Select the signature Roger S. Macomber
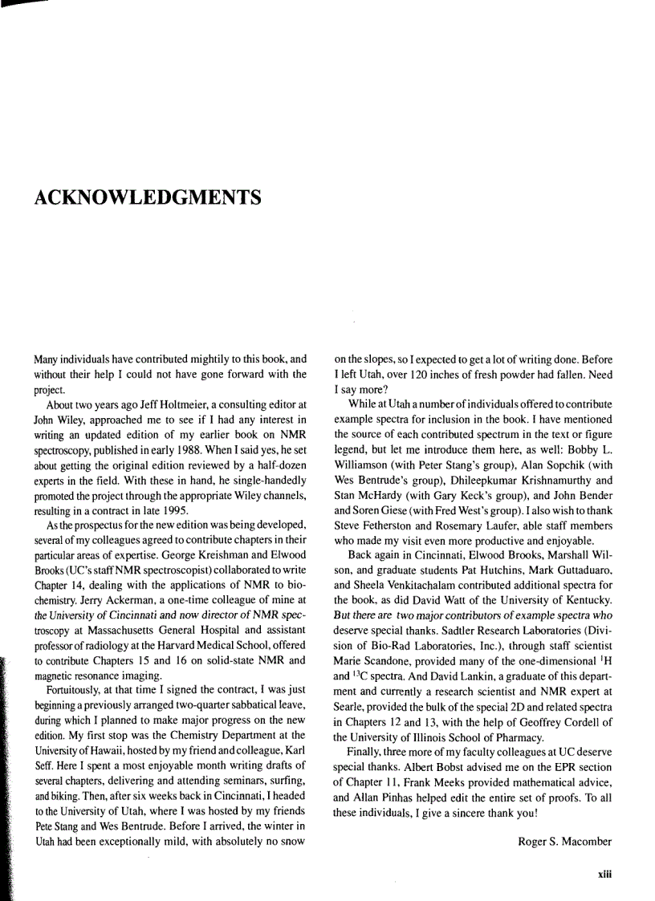(x=564, y=842)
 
